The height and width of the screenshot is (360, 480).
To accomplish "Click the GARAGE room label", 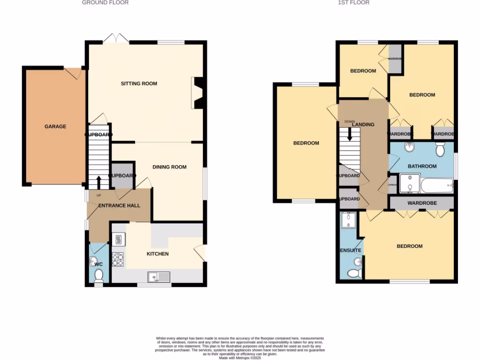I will tap(55, 127).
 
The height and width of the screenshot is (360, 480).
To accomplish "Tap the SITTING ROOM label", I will tap(139, 84).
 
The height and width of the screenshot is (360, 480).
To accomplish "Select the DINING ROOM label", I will tap(169, 167).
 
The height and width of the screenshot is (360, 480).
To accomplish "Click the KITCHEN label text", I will tap(157, 254).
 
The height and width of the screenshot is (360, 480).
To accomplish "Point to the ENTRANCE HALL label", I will tap(119, 205).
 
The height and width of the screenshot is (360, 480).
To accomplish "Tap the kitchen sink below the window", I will tap(159, 277).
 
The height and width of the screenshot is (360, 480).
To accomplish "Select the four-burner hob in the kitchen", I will tap(118, 260).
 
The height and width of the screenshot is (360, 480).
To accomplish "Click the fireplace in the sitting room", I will tap(198, 93).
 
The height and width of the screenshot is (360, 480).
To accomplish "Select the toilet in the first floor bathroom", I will tap(440, 150).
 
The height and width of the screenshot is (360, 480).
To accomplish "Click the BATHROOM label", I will tap(422, 166).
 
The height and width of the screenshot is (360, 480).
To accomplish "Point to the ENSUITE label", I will tap(351, 251).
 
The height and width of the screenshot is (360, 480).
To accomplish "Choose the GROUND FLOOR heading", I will tap(105, 3).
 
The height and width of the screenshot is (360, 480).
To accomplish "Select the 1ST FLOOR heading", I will tap(353, 3).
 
